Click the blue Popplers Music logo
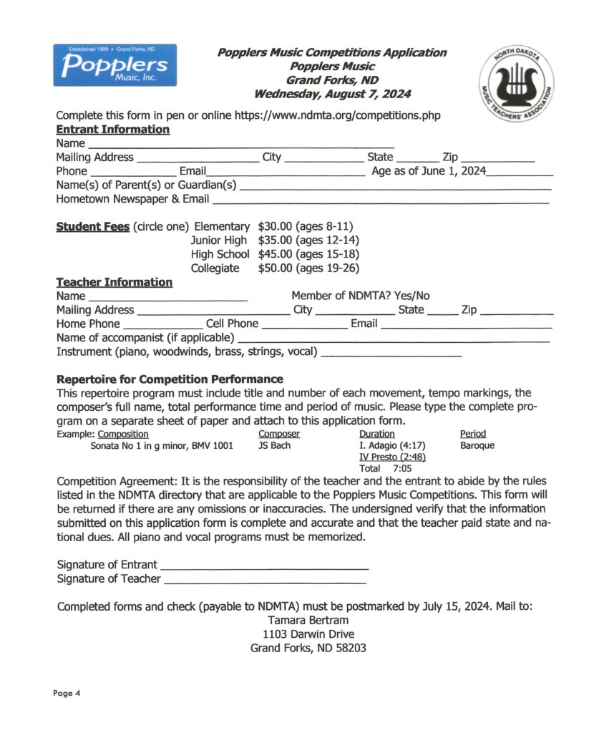115,65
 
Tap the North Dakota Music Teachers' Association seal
515,84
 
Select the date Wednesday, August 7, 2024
332,94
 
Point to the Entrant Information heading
112,130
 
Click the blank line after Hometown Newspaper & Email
380,200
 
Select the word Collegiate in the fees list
215,268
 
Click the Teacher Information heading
114,282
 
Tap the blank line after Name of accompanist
393,338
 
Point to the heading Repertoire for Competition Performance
170,379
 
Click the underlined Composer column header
278,434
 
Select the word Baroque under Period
477,445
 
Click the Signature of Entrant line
264,565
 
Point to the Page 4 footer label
67,693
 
